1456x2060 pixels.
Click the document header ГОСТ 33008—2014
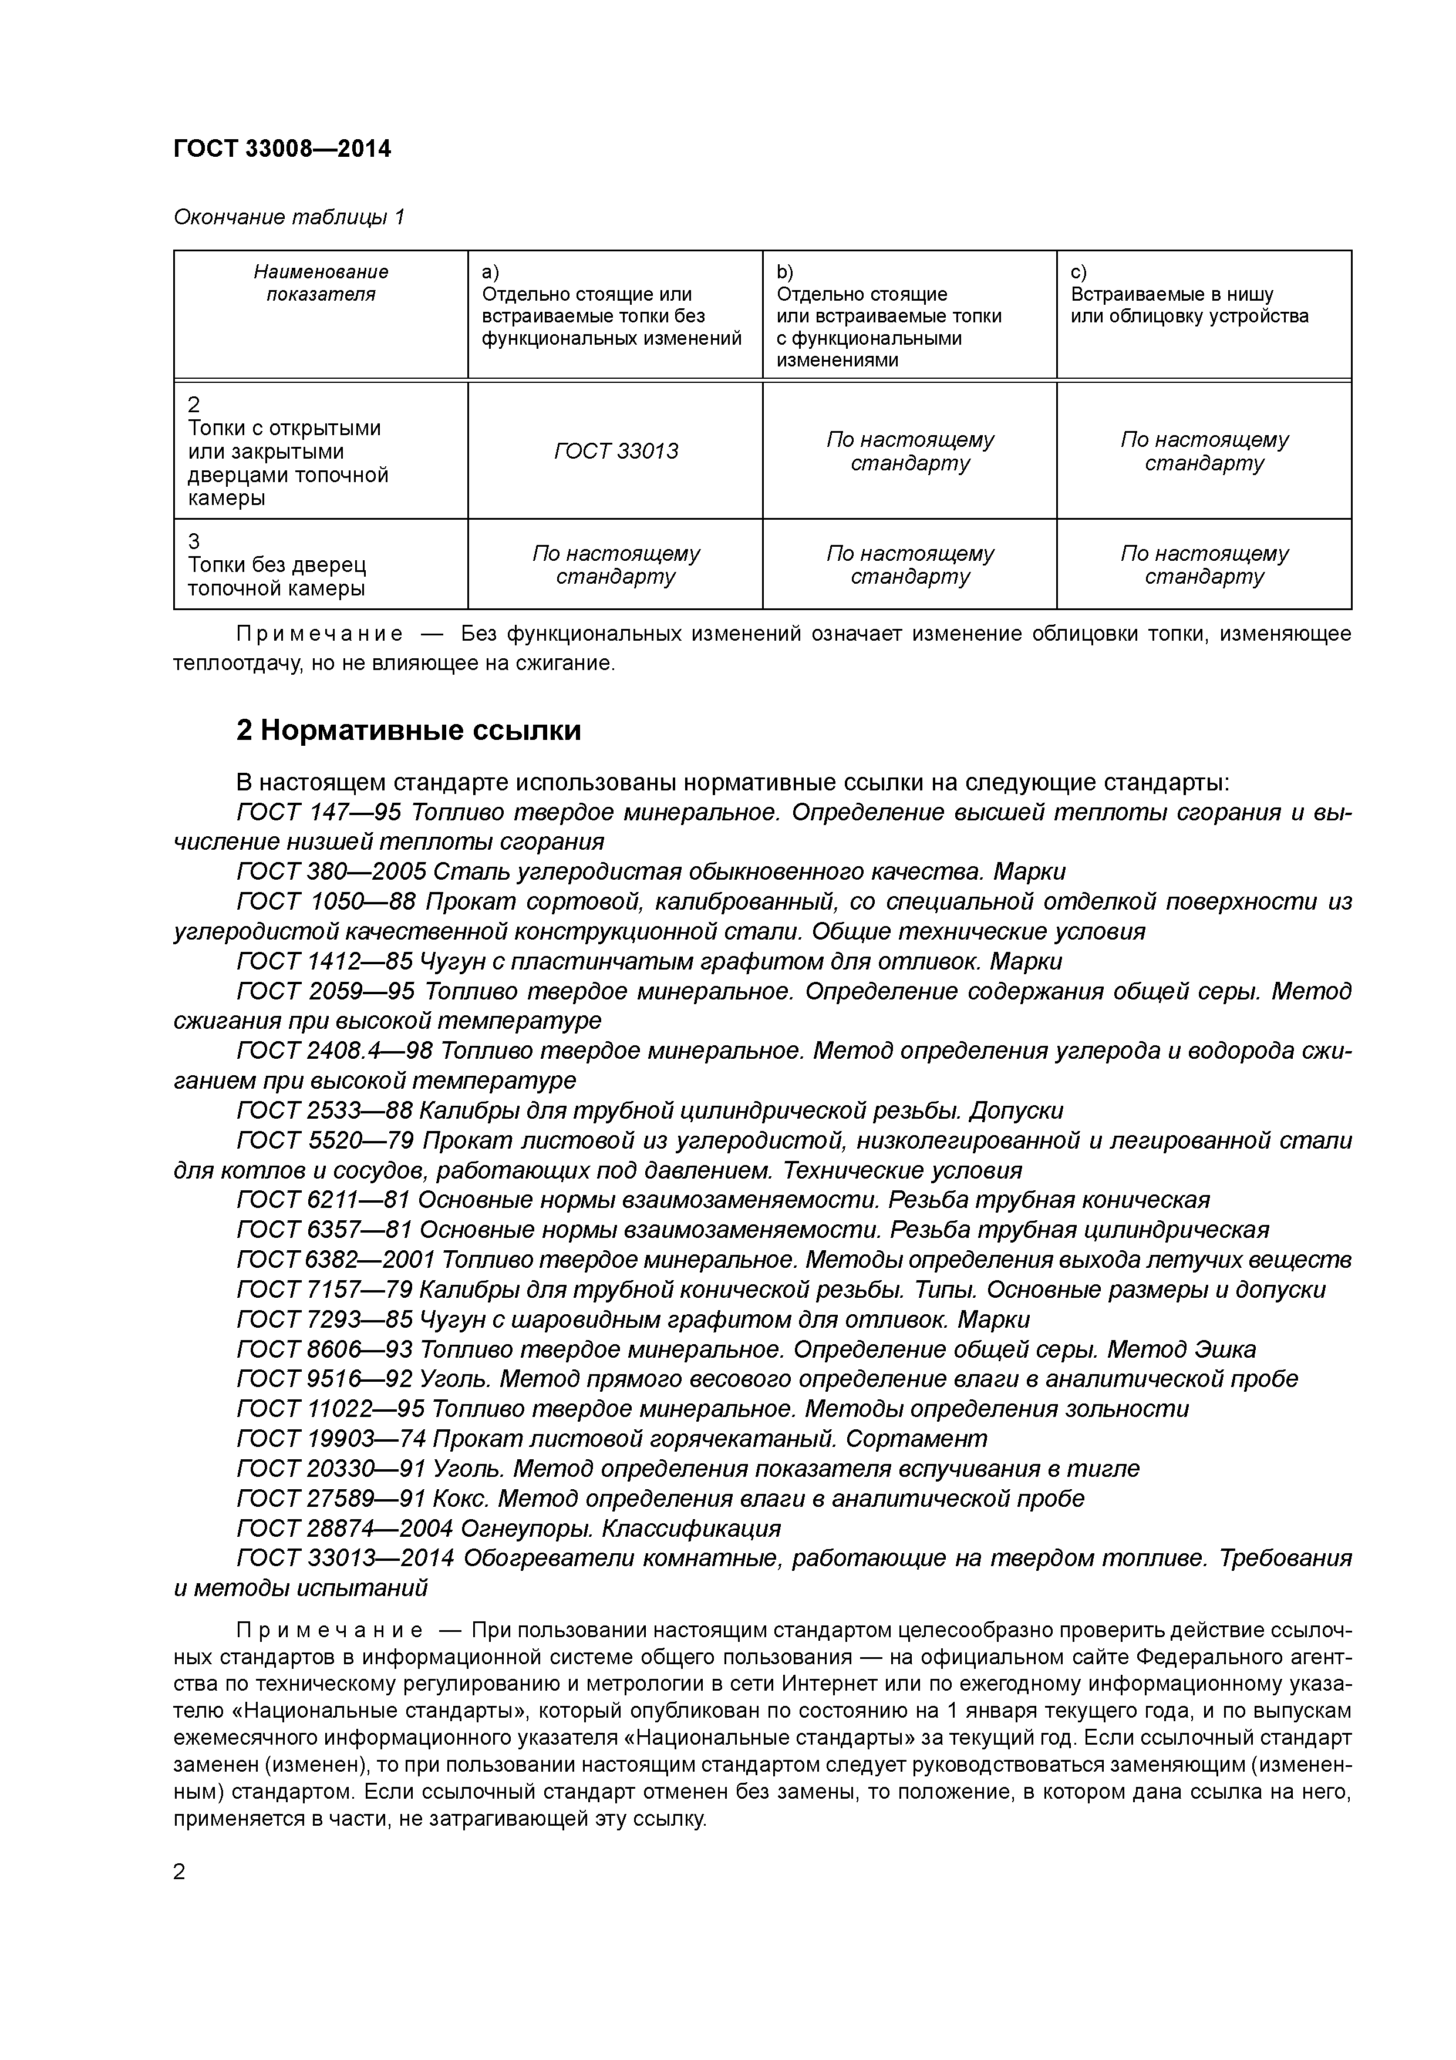click(282, 149)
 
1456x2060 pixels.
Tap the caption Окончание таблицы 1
click(289, 217)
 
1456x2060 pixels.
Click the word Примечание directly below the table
click(319, 634)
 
